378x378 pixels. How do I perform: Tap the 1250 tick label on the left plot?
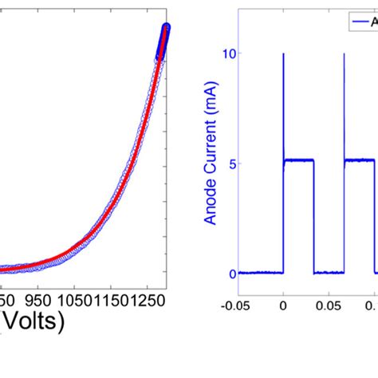click(153, 298)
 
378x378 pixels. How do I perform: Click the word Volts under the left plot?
click(33, 322)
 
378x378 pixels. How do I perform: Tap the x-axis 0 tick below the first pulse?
click(283, 303)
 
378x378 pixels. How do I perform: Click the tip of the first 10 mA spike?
click(283, 54)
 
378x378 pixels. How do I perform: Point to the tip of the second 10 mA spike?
click(344, 54)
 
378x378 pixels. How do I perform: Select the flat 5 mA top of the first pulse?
click(299, 160)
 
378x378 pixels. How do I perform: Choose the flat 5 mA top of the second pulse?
click(360, 160)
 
